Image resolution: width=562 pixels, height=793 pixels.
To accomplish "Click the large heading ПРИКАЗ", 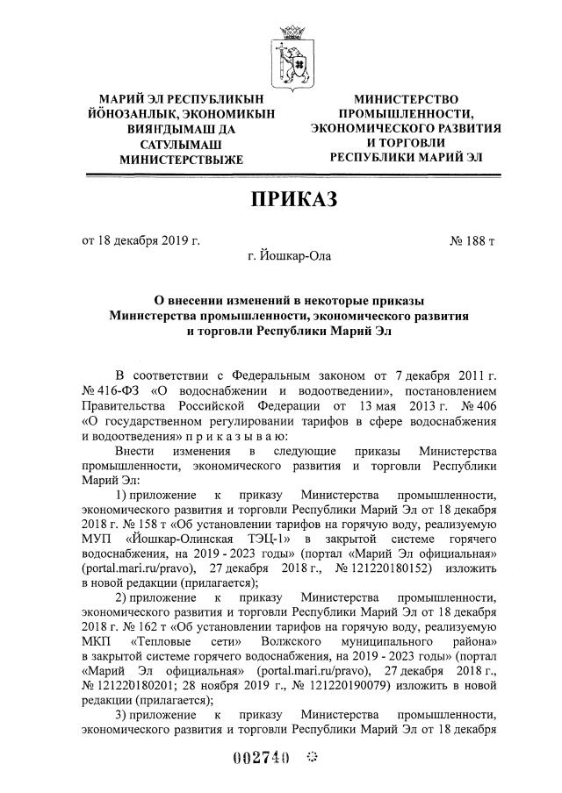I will click(x=294, y=199).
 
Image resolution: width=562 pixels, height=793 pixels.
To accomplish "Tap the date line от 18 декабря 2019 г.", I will click(x=141, y=239).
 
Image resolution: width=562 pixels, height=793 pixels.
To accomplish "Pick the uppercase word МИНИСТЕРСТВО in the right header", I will click(x=406, y=102).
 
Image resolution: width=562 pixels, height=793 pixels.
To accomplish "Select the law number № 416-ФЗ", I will click(x=110, y=389).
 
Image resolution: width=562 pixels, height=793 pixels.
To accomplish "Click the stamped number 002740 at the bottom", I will click(x=260, y=761).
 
